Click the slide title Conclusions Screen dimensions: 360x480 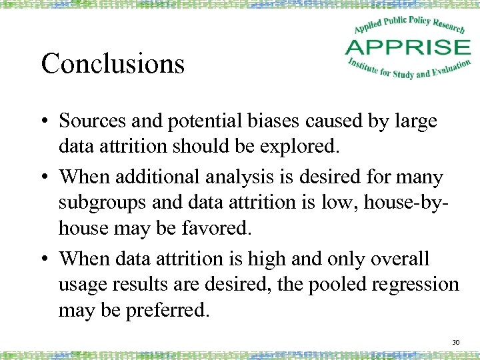coord(113,64)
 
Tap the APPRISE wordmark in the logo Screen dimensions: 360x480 coord(407,47)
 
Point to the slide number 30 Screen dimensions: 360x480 coord(456,342)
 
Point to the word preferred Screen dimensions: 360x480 coord(171,310)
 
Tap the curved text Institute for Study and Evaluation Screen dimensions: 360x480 coord(409,69)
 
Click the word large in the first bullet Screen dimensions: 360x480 coord(415,121)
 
